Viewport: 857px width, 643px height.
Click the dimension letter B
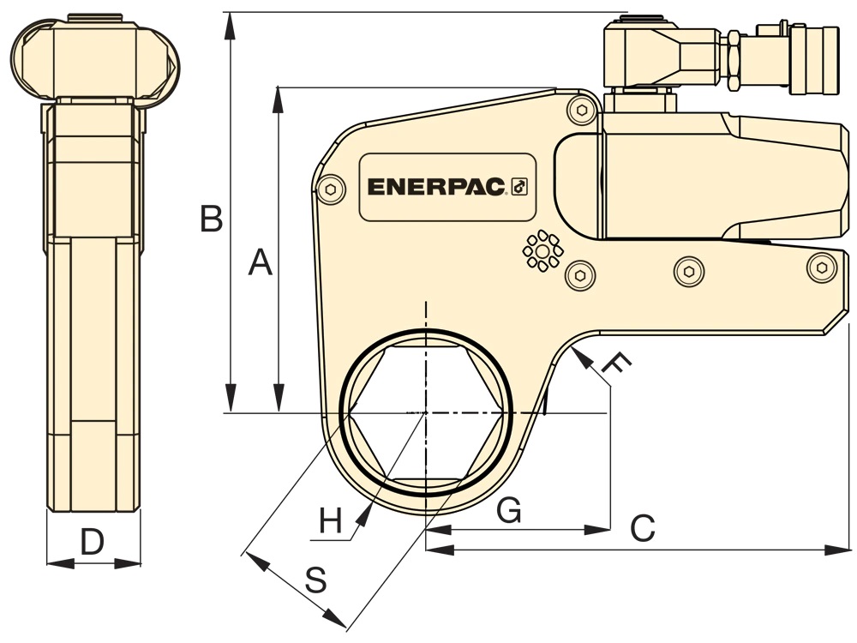[212, 218]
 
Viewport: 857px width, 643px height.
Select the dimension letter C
[643, 528]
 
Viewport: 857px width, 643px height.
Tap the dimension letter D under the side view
[93, 542]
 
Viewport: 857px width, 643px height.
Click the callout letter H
[331, 520]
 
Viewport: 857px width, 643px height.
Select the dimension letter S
[316, 580]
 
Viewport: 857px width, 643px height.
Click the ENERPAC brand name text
[436, 187]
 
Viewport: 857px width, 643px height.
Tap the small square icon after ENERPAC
[518, 187]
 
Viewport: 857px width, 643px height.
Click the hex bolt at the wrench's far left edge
[331, 189]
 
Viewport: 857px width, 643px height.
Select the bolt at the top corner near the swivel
[582, 110]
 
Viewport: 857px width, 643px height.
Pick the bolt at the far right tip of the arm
[822, 267]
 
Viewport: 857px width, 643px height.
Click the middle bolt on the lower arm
[689, 271]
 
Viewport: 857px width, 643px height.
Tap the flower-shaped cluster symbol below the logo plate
[542, 251]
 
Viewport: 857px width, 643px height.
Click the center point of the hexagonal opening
[426, 412]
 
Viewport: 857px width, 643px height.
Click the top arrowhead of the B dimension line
[231, 25]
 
